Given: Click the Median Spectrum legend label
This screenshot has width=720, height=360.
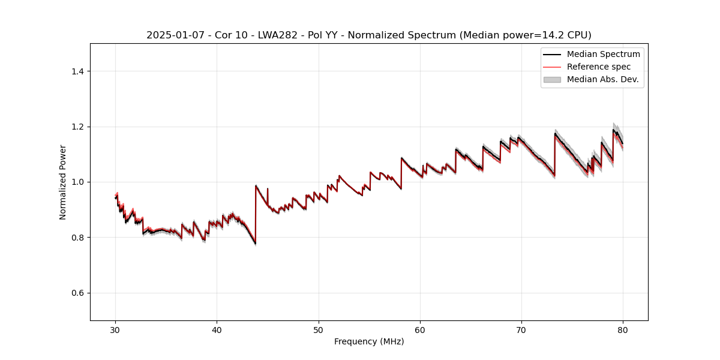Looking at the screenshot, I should pos(603,54).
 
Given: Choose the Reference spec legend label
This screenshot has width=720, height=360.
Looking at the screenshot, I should pos(598,67).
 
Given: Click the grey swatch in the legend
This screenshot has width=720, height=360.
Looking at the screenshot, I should pos(552,79).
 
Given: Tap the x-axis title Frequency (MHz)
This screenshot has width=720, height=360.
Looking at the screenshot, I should pos(369,341).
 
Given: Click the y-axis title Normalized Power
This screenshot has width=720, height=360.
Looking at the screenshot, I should pos(63,182).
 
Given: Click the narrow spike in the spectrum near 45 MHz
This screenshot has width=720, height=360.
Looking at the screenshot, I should pos(268,189).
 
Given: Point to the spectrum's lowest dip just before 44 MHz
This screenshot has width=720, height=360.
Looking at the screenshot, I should pos(255,243).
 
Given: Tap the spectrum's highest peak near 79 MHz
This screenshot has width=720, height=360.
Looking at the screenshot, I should pos(613,130).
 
